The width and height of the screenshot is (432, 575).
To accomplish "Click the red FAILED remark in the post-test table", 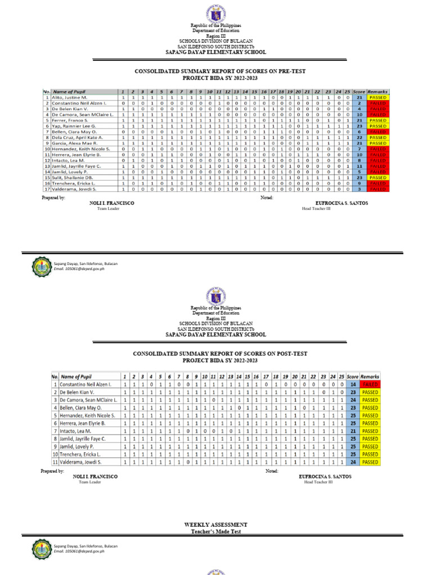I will click(x=370, y=384).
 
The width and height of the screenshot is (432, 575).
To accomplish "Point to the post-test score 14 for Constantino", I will click(x=353, y=384).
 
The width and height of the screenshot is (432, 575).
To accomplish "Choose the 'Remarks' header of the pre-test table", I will click(x=377, y=91).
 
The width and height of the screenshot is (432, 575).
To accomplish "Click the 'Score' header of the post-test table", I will click(x=353, y=376).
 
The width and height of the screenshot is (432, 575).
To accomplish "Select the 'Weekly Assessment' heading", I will click(x=215, y=524).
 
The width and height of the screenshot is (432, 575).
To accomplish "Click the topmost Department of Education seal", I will click(x=215, y=12).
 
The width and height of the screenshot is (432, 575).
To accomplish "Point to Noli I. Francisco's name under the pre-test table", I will click(x=112, y=203).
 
